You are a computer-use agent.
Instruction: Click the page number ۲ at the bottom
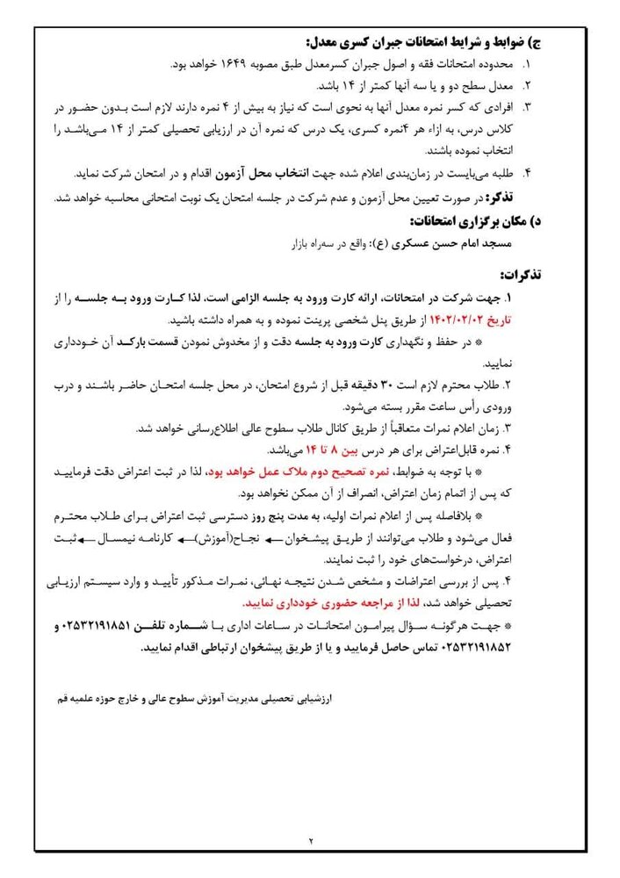pos(310,840)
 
